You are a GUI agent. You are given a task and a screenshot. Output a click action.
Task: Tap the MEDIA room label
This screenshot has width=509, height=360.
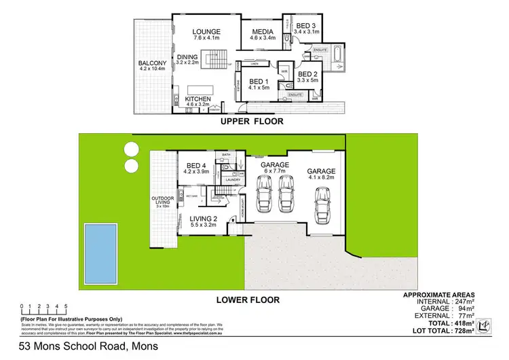[x=262, y=31]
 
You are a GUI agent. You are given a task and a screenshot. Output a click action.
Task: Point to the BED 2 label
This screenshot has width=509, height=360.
[x=307, y=74]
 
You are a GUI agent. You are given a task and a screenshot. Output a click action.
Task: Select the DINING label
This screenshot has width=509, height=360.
[x=187, y=58]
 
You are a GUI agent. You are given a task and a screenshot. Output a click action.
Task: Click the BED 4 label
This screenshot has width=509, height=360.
[x=195, y=165]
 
